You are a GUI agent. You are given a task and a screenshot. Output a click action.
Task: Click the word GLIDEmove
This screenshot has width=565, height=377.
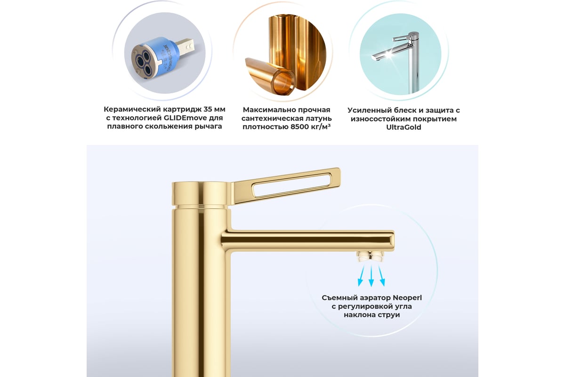pyautogui.click(x=185, y=118)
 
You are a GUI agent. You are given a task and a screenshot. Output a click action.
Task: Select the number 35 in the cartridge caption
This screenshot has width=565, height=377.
pyautogui.click(x=207, y=109)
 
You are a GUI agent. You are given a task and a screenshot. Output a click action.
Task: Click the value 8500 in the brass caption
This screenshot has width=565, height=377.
pyautogui.click(x=299, y=127)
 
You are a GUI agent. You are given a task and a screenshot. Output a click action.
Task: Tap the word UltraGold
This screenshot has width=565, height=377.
pyautogui.click(x=404, y=127)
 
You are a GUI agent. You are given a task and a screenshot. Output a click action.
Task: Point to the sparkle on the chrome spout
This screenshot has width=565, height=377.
pyautogui.click(x=389, y=54)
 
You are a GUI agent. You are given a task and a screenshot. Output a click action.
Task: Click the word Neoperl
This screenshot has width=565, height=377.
pyautogui.click(x=407, y=298)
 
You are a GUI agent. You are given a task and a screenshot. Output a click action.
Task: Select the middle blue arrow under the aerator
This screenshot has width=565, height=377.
pyautogui.click(x=371, y=276)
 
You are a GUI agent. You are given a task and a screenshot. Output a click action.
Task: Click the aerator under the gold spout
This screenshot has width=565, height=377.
pyautogui.click(x=370, y=256)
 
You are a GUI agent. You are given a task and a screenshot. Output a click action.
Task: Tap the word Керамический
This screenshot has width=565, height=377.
pyautogui.click(x=132, y=109)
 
